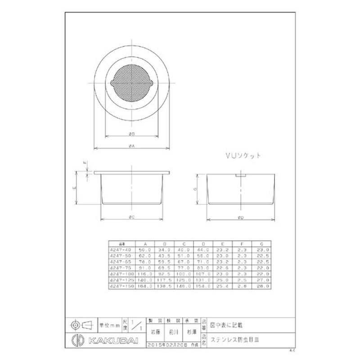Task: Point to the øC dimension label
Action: [132, 217]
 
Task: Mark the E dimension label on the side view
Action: [74, 189]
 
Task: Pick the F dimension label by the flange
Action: [84, 164]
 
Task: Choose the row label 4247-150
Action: [119, 285]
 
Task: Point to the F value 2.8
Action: [243, 285]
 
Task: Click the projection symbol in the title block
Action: [81, 324]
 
